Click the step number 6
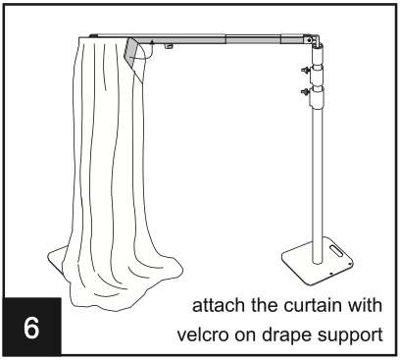pyautogui.click(x=31, y=328)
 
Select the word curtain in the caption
pyautogui.click(x=312, y=305)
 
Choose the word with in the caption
pyautogui.click(x=365, y=305)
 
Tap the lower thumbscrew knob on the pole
pyautogui.click(x=306, y=91)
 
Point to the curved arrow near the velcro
pyautogui.click(x=149, y=51)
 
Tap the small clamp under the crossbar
pyautogui.click(x=169, y=47)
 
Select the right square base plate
pyautogui.click(x=318, y=260)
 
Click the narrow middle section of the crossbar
pyautogui.click(x=253, y=39)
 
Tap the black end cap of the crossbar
pyautogui.click(x=93, y=35)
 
